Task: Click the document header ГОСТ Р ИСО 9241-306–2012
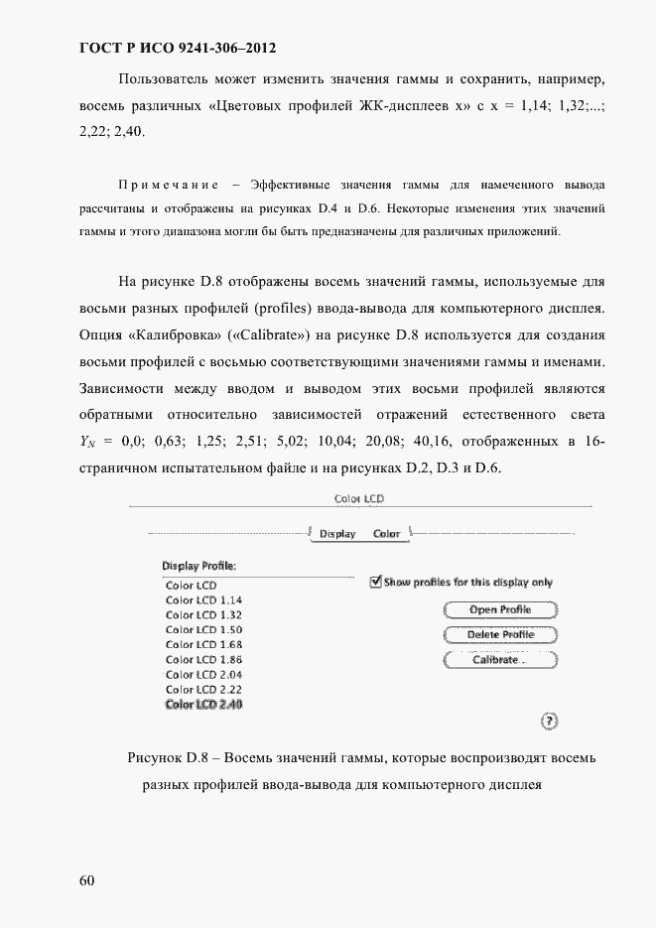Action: click(x=177, y=48)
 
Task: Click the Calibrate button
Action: click(x=498, y=660)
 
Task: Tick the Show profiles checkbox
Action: click(x=375, y=583)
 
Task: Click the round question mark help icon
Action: click(x=550, y=721)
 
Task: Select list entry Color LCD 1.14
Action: click(x=203, y=600)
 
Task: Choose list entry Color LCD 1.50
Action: click(x=203, y=630)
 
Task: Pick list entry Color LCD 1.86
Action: click(x=203, y=660)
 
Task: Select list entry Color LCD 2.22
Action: click(x=203, y=689)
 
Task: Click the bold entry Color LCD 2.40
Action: click(x=203, y=705)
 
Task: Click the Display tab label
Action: click(x=337, y=534)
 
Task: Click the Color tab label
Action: click(x=386, y=534)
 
